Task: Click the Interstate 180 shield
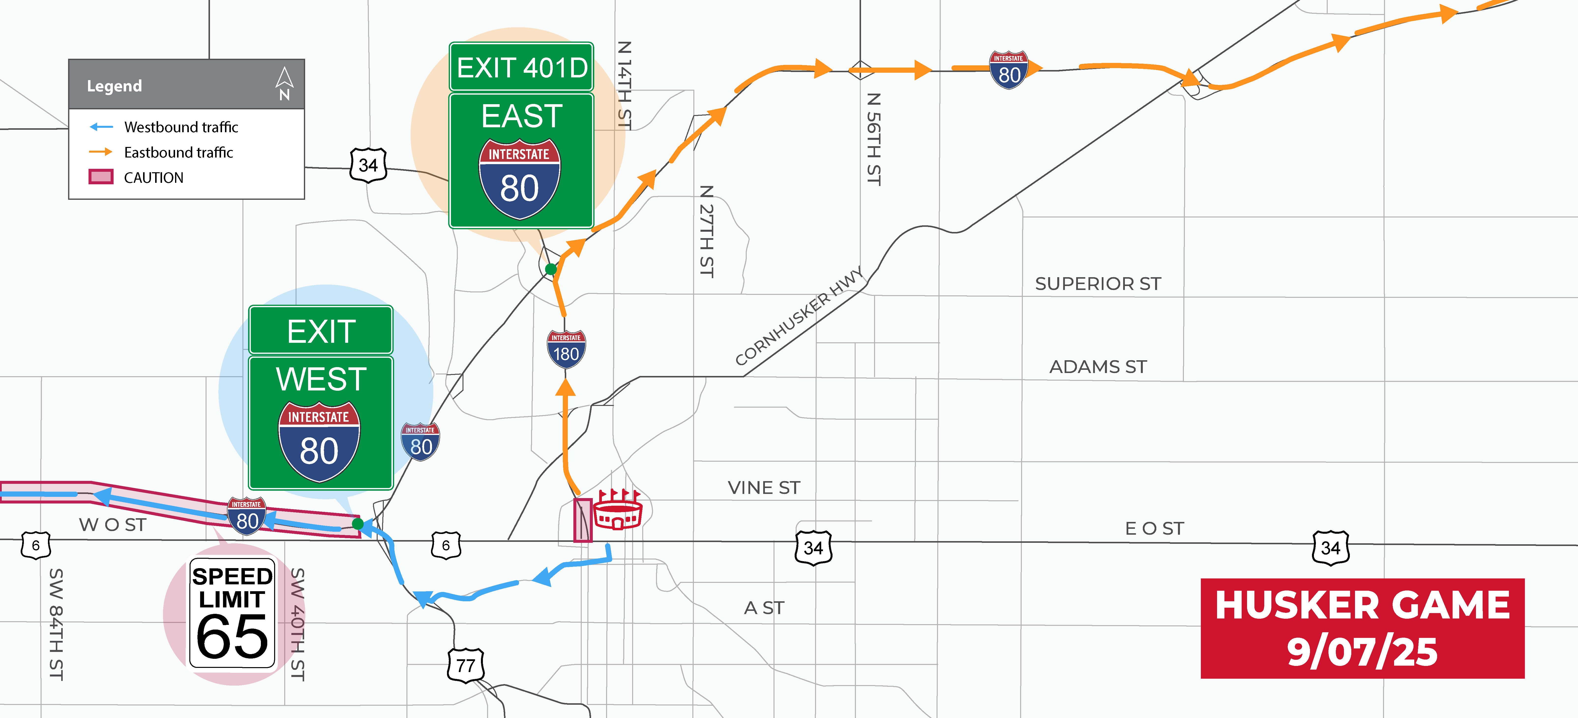[x=566, y=349]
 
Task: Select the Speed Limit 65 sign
[x=232, y=612]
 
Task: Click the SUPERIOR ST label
[x=1098, y=284]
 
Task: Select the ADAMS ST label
[x=1098, y=367]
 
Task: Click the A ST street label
[x=764, y=608]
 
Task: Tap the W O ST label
[x=113, y=525]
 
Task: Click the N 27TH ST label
[x=707, y=231]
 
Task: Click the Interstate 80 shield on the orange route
[x=1008, y=70]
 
